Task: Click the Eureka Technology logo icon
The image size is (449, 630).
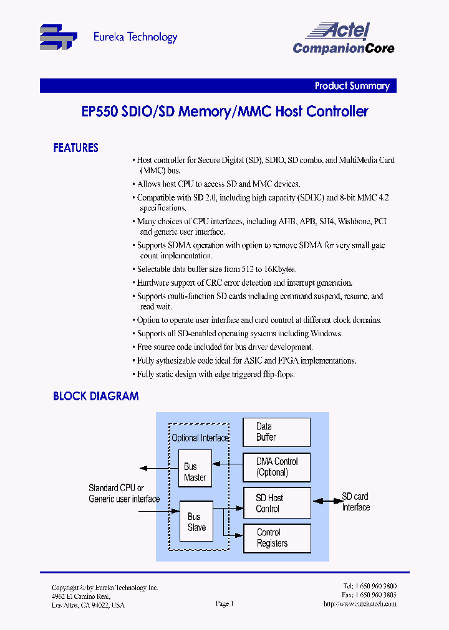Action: tap(58, 37)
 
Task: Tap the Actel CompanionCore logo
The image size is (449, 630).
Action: tap(344, 39)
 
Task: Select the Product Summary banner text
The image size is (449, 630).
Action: tap(352, 86)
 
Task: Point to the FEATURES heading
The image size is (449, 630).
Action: tap(75, 148)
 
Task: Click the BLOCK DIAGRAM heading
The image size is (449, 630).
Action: tap(95, 396)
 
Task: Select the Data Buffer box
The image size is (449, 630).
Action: tap(276, 432)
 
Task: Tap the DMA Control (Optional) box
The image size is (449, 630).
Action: tap(276, 467)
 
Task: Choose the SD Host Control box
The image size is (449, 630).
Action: tap(276, 503)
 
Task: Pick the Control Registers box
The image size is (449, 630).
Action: tap(276, 538)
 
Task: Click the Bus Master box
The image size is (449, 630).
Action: tap(195, 472)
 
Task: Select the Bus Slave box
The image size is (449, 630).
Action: tap(196, 522)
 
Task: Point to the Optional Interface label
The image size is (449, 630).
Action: tap(200, 438)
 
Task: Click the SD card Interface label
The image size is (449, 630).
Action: tap(355, 502)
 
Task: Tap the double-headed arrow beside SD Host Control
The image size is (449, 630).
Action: tap(325, 501)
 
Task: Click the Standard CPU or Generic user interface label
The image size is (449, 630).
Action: tap(124, 494)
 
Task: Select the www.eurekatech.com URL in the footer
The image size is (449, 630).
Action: tap(360, 604)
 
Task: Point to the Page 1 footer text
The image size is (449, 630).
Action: tap(224, 603)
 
